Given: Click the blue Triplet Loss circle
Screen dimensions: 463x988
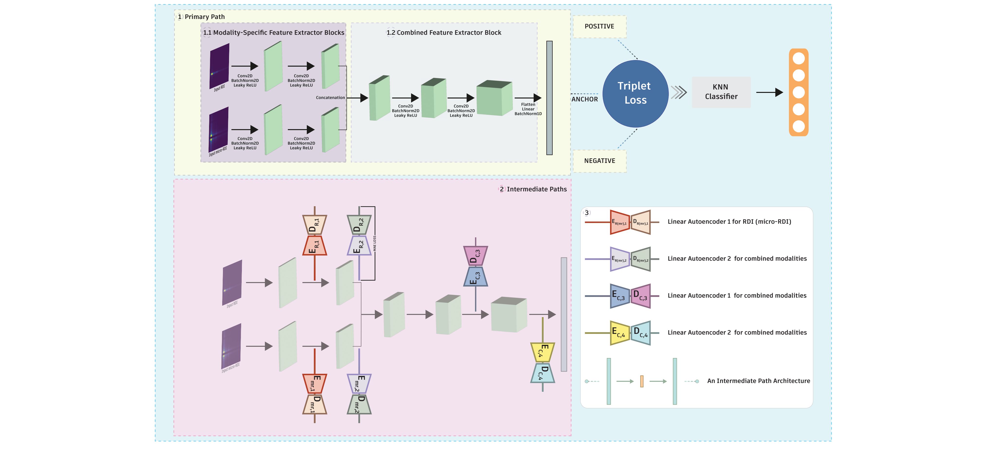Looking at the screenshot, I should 635,94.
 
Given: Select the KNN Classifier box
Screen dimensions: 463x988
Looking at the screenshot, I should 721,92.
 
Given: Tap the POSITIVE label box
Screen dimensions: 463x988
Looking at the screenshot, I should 600,27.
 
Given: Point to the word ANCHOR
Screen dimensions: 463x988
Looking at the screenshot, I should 584,99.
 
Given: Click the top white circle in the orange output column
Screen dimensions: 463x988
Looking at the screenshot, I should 799,59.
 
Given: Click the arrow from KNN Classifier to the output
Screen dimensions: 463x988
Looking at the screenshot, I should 769,92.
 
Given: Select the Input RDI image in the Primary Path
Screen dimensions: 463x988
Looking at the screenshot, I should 219,66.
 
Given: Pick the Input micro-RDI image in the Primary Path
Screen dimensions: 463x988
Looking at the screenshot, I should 219,130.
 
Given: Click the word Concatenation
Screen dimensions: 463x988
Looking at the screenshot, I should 330,98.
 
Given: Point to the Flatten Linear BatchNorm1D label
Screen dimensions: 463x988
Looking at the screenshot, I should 528,109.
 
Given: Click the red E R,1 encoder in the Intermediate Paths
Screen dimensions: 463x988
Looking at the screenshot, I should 315,246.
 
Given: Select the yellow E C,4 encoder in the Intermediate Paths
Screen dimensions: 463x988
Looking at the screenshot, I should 543,352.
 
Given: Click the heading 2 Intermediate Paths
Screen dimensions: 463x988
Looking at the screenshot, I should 533,189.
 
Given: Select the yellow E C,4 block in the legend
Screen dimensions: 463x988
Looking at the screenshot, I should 620,333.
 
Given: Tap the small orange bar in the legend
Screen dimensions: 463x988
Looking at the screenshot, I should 642,381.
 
